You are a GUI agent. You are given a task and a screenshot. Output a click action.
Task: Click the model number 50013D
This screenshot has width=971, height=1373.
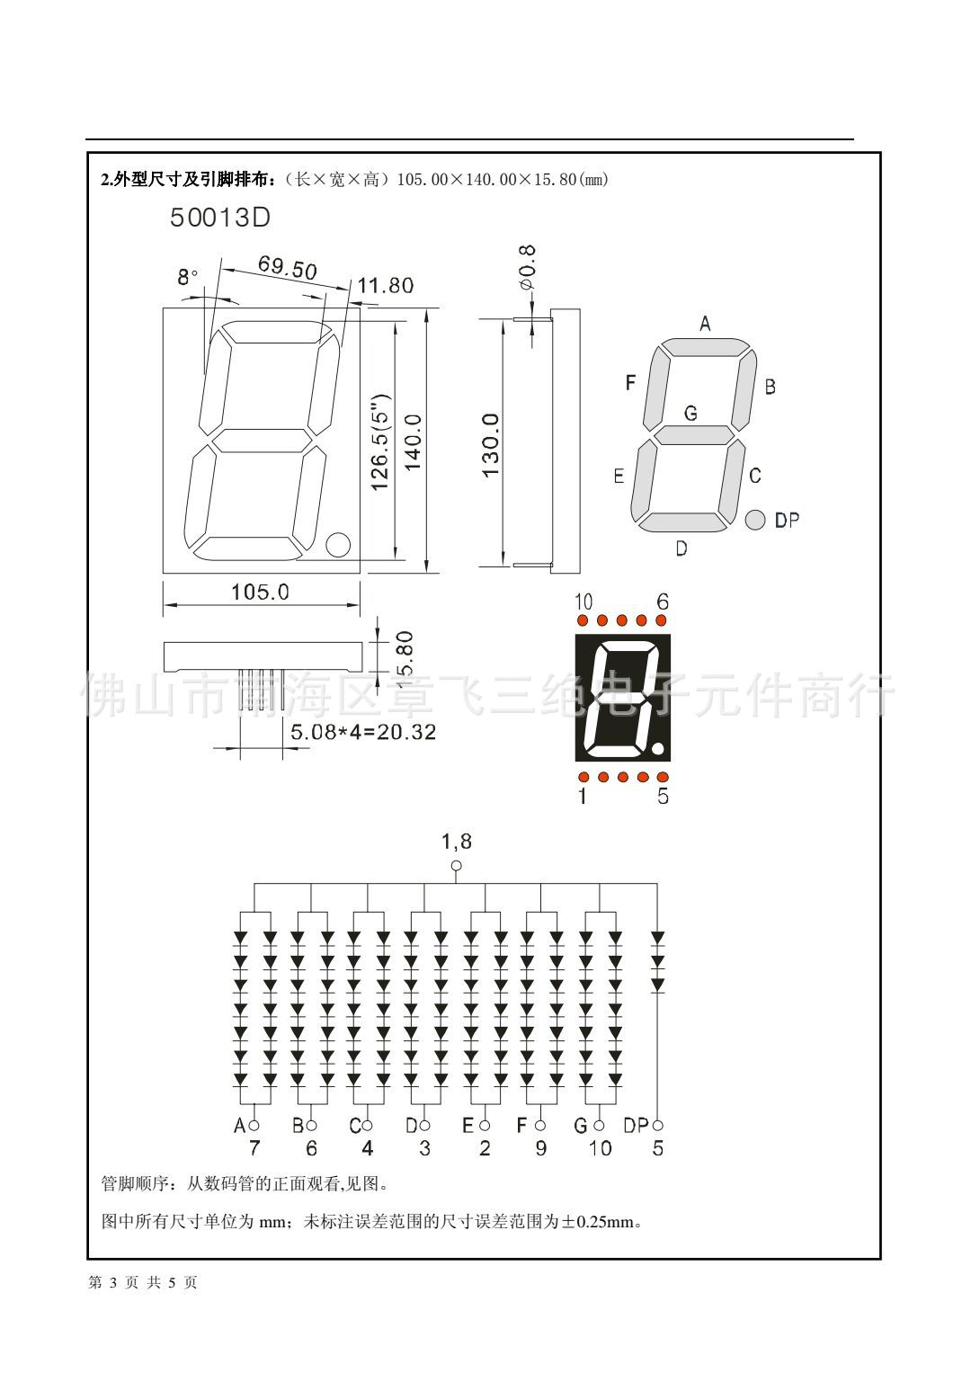tap(220, 218)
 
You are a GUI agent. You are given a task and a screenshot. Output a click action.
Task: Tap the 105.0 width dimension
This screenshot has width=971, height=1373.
tap(260, 592)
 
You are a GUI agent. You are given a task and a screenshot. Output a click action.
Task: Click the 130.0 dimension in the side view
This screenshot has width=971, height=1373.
tap(491, 445)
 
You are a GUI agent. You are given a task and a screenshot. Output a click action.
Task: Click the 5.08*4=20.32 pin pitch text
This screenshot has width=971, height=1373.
tap(363, 732)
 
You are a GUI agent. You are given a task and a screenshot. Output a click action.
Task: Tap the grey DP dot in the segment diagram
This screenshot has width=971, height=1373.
tap(754, 519)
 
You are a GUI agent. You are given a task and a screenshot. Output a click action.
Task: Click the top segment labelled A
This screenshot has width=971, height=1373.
tap(706, 347)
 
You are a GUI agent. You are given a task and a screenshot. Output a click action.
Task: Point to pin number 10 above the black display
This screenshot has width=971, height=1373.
tap(583, 602)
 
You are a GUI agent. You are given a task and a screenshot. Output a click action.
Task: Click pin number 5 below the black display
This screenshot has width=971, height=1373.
tap(663, 796)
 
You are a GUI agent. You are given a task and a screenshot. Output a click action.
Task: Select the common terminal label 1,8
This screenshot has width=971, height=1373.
tap(456, 842)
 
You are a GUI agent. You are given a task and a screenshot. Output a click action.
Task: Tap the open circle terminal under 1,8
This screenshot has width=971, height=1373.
tap(456, 866)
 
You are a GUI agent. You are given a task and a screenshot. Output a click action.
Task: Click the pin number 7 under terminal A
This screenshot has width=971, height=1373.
tap(254, 1148)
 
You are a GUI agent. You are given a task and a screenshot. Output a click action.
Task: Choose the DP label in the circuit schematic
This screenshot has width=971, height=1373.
tap(636, 1125)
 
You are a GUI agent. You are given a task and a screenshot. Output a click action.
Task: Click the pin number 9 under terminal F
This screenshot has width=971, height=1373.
tap(540, 1148)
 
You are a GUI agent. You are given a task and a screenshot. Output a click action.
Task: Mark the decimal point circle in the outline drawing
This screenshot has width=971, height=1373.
tap(338, 544)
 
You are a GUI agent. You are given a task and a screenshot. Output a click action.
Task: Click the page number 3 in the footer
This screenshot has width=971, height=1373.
tap(113, 1283)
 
